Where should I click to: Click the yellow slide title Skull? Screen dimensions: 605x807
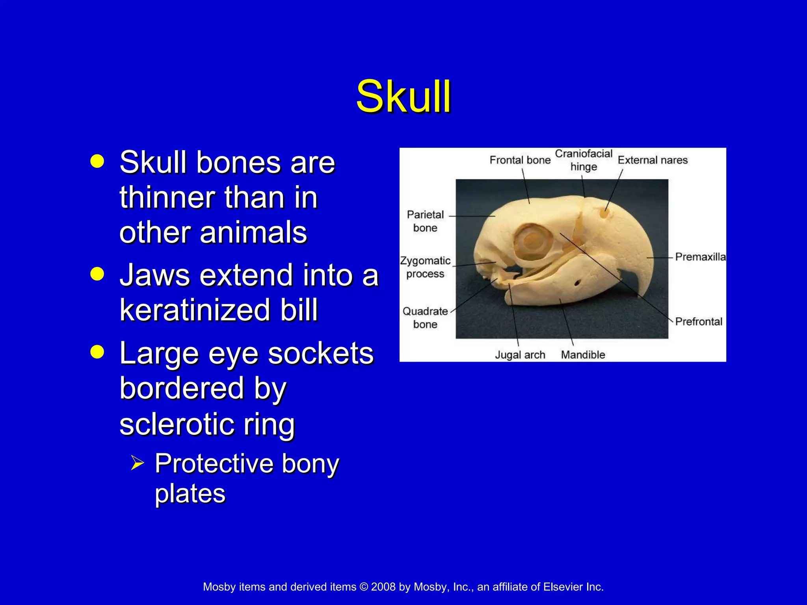pos(403,97)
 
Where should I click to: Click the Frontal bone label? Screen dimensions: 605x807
pos(520,160)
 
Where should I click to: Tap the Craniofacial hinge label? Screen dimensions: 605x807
pos(583,160)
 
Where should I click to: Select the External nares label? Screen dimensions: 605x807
pos(653,160)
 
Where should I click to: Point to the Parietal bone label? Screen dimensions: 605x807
pos(425,221)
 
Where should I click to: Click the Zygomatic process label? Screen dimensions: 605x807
pos(425,267)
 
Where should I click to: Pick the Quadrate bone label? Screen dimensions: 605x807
pos(425,317)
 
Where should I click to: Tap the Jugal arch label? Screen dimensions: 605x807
pos(520,355)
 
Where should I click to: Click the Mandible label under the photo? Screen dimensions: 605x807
pos(583,355)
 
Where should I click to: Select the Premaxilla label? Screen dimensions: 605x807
pos(700,257)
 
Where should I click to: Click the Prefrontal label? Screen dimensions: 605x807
pos(699,321)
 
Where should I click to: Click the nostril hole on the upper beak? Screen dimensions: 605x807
pos(604,214)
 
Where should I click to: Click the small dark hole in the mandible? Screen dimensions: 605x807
pos(577,283)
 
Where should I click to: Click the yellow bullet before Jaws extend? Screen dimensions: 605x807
pos(97,274)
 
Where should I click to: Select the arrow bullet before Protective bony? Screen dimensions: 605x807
pos(138,462)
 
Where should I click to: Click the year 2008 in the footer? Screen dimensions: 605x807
pos(383,587)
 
